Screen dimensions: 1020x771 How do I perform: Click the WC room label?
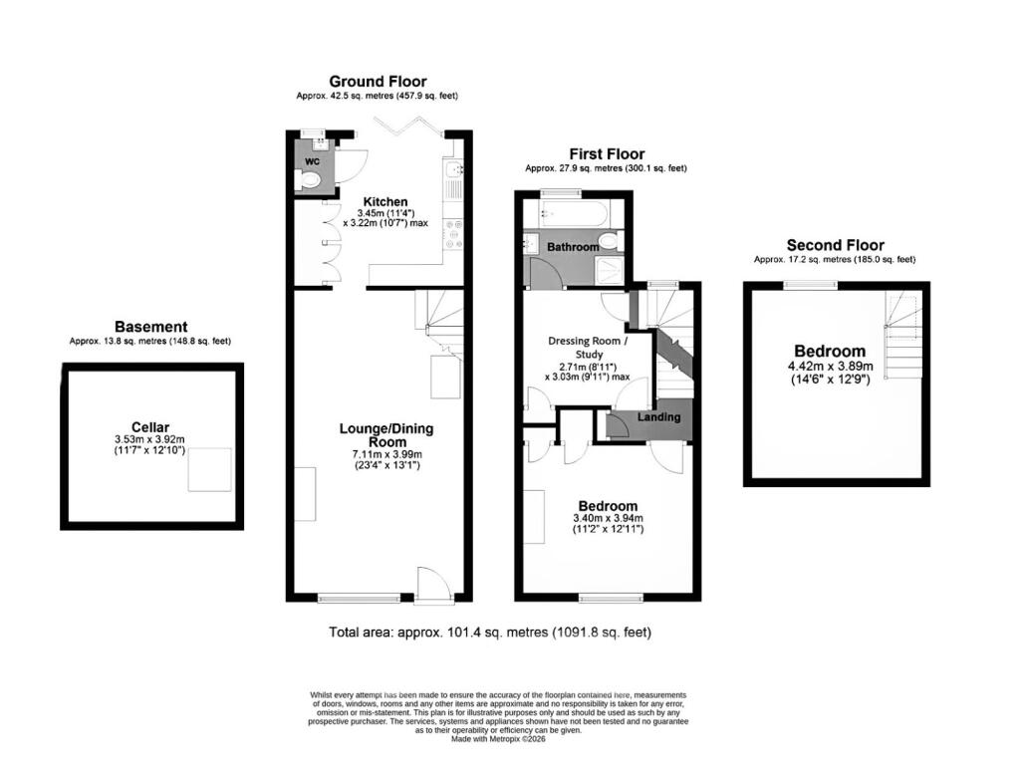[x=312, y=160]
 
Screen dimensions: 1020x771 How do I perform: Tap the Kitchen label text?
[x=385, y=201]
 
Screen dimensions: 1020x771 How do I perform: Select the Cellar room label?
[x=150, y=426]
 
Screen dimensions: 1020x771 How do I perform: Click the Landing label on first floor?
[x=658, y=417]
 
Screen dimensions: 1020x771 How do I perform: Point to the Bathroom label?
[x=573, y=247]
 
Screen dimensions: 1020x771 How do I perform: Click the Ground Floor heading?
[x=378, y=82]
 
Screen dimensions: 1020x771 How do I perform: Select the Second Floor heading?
[x=836, y=245]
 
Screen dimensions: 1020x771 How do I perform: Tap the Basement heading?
[x=151, y=327]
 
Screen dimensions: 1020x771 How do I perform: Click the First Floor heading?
[x=607, y=154]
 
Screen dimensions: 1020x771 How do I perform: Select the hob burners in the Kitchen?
[x=453, y=234]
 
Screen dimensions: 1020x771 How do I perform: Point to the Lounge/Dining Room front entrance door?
[x=434, y=585]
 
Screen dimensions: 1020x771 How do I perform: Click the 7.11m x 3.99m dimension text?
[x=387, y=454]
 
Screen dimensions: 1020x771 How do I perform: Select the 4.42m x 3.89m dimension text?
[x=830, y=366]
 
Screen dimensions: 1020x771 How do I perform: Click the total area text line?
[x=490, y=632]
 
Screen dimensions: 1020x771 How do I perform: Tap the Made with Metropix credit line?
[x=498, y=739]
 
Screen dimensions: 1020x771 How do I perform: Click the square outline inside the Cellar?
[x=209, y=470]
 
